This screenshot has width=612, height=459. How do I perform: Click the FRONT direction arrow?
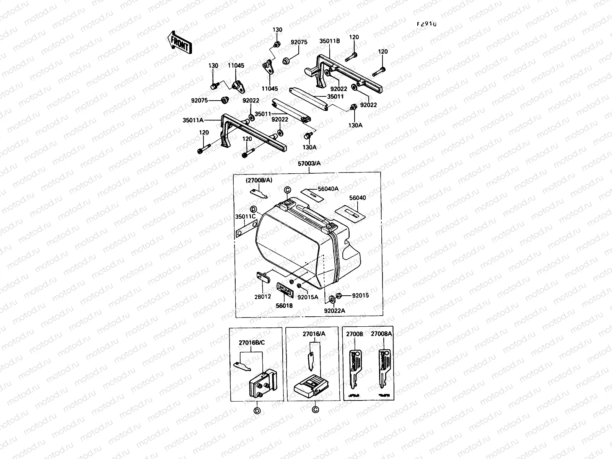pyautogui.click(x=179, y=42)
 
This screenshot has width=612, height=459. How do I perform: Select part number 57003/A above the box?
pyautogui.click(x=309, y=164)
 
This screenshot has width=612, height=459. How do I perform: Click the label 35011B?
pyautogui.click(x=330, y=41)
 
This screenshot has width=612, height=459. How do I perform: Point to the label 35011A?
pyautogui.click(x=194, y=120)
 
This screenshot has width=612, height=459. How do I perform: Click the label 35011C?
pyautogui.click(x=245, y=216)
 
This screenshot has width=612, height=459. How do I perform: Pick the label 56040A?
pyautogui.click(x=328, y=189)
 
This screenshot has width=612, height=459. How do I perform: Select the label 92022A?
pyautogui.click(x=334, y=311)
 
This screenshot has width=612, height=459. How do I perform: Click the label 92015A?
pyautogui.click(x=308, y=297)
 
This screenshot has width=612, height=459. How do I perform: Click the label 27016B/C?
pyautogui.click(x=251, y=343)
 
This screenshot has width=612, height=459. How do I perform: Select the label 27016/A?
pyautogui.click(x=314, y=334)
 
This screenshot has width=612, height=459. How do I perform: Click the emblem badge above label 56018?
pyautogui.click(x=285, y=289)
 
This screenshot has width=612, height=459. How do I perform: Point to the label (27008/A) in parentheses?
pyautogui.click(x=259, y=180)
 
